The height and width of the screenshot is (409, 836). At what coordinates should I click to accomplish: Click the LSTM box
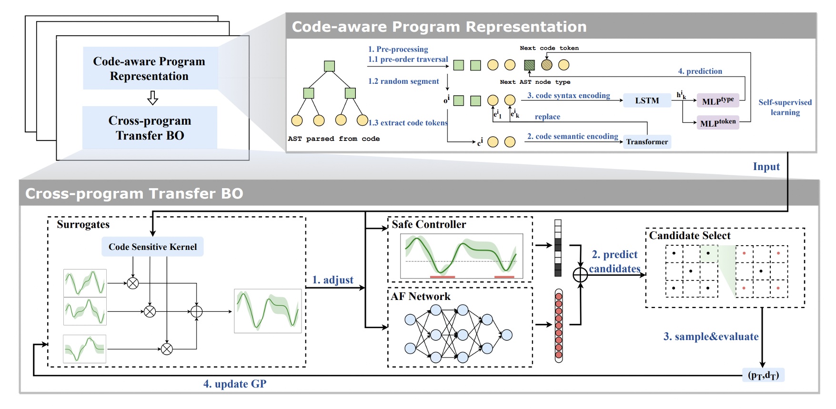coord(646,100)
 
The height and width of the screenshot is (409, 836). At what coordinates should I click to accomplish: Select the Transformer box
coord(646,142)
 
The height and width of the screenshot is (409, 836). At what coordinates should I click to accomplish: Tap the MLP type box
coord(717,100)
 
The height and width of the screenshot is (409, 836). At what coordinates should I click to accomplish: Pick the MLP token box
coord(717,123)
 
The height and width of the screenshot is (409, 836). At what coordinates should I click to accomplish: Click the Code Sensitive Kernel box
coord(152,247)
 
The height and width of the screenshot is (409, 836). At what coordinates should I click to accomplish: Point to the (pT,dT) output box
coord(763,375)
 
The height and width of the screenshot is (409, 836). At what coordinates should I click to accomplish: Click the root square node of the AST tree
coord(329,66)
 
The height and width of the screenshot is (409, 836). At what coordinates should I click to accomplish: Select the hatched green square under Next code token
coord(529,65)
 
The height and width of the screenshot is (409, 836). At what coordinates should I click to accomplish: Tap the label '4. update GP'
coord(235,384)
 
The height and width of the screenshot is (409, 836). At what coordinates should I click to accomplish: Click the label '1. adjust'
coord(332,280)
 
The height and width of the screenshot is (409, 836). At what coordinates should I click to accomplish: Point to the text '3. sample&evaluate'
coord(711,337)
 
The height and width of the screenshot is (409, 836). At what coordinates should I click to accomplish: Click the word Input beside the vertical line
coord(766,167)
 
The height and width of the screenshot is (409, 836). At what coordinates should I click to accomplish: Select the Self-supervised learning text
coord(785,107)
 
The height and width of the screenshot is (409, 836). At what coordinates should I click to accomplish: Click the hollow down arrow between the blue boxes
coord(152,98)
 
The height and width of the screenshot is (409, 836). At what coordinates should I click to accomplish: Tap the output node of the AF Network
coord(507,335)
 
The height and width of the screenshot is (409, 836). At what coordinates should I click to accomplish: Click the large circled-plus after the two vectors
coord(580,275)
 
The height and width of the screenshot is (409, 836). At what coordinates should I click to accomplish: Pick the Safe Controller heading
coord(429,224)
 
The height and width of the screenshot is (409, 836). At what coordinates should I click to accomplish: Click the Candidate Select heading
coord(689,236)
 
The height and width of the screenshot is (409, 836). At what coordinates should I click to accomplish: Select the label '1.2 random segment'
coord(403,81)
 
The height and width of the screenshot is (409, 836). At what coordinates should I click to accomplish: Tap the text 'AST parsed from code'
coord(333,139)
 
